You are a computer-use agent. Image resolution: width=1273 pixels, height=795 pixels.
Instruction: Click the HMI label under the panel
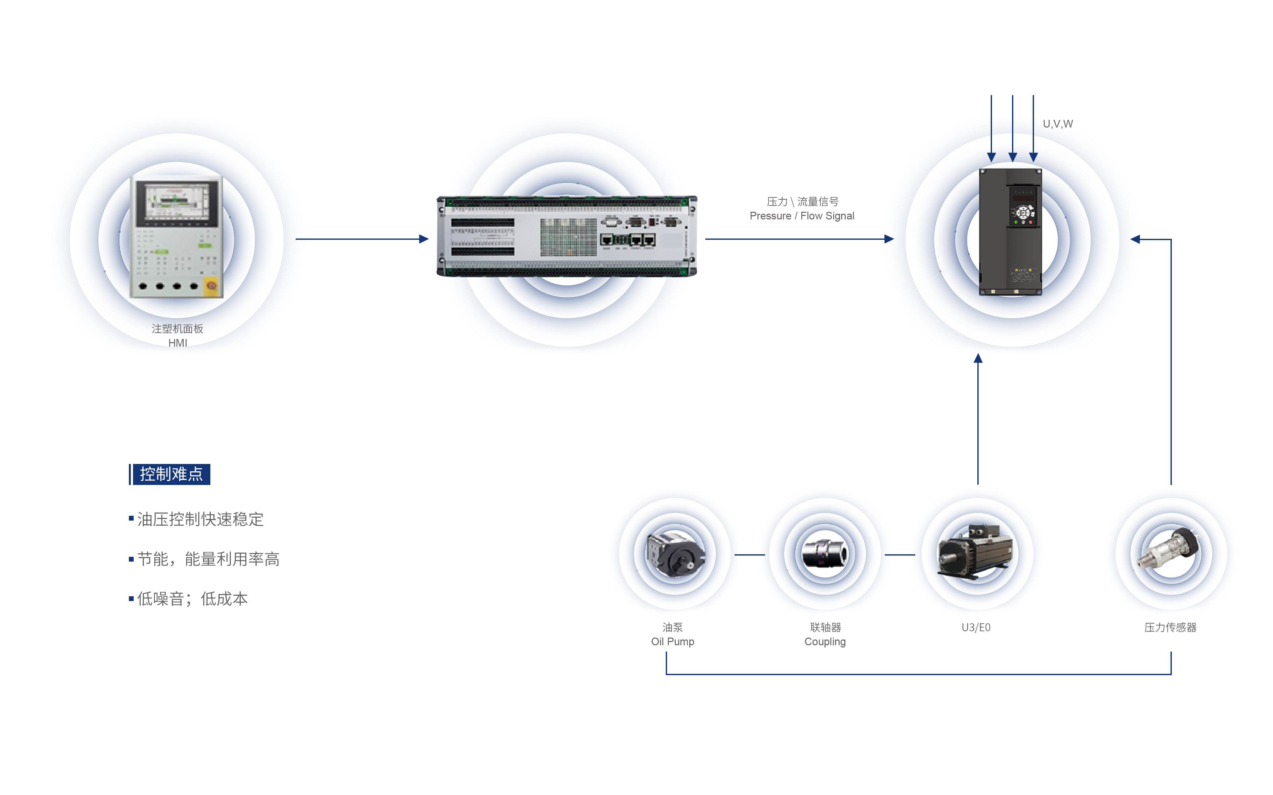click(177, 343)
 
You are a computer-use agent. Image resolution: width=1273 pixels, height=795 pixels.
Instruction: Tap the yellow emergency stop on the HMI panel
click(211, 286)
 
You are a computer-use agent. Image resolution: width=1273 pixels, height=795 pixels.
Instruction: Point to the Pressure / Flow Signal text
click(802, 216)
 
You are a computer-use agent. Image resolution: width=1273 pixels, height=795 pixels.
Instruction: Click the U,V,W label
click(1057, 124)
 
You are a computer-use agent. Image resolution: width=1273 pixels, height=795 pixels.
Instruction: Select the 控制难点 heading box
click(171, 474)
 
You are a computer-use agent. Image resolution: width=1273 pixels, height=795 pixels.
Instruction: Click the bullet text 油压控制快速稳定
click(200, 520)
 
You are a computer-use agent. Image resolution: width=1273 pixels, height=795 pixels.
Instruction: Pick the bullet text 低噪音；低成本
click(192, 599)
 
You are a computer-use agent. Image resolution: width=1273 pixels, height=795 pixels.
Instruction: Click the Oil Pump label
click(672, 641)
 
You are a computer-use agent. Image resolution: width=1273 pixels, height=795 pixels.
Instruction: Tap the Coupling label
click(825, 641)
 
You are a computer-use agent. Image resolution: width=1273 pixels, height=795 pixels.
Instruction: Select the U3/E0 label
click(976, 627)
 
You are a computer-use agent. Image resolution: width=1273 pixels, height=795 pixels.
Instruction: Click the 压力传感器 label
click(1171, 627)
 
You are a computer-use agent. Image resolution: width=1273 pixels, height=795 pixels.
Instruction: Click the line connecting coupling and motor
click(900, 555)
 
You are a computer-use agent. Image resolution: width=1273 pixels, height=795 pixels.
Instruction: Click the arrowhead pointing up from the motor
click(978, 359)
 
